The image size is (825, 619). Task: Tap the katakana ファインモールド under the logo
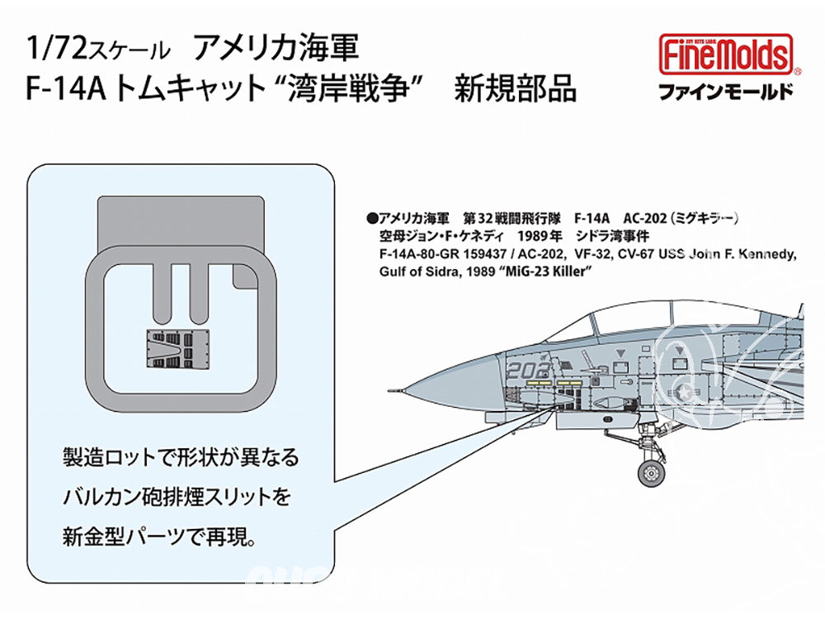click(726, 92)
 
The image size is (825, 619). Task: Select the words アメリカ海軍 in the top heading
click(276, 48)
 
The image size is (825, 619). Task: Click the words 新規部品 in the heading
click(516, 88)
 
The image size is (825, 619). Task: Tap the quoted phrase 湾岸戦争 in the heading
click(349, 88)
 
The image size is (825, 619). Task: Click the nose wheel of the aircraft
click(651, 473)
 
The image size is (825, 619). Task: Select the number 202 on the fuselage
click(530, 370)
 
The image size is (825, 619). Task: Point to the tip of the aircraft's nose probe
click(388, 391)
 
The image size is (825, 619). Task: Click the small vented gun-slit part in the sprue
click(177, 349)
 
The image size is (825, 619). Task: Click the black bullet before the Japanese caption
click(373, 218)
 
